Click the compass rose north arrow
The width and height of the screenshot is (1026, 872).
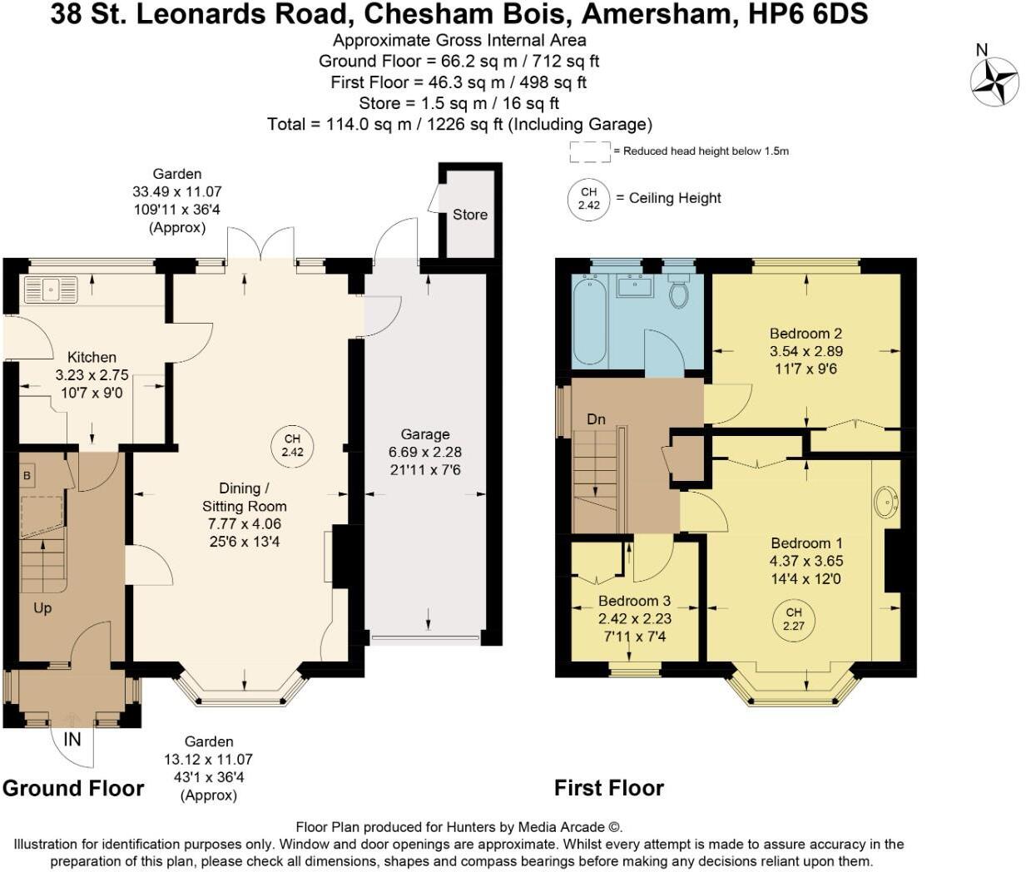point(994,82)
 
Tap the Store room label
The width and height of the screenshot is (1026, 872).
point(469,215)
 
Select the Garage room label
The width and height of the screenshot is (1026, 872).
point(424,434)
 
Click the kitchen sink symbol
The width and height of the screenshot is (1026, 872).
point(51,290)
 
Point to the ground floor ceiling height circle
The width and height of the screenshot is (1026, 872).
point(292,445)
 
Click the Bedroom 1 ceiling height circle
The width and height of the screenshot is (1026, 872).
point(794,619)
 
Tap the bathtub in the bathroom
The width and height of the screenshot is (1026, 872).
point(589,320)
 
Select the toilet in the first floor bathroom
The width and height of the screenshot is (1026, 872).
point(679,292)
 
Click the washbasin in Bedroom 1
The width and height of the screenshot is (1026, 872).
point(887,503)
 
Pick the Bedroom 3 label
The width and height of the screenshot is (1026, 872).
point(634,601)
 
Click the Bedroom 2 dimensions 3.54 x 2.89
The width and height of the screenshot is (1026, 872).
point(805,351)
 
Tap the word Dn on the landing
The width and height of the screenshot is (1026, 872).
point(596,419)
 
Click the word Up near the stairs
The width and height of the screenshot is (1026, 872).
point(42,608)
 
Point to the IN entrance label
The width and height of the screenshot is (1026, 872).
point(72,739)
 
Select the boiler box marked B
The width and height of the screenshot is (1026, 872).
point(27,476)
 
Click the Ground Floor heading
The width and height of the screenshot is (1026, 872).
point(73,788)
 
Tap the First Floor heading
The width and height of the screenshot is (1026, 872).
point(609,788)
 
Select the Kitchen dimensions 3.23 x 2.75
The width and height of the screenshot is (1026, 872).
point(92,375)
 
